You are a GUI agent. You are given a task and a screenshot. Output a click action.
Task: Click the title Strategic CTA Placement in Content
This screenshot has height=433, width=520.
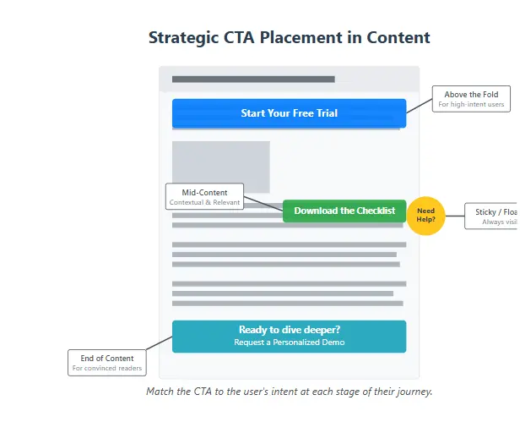tap(289, 38)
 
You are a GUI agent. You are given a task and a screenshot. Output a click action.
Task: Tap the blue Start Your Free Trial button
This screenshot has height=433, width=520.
tap(289, 113)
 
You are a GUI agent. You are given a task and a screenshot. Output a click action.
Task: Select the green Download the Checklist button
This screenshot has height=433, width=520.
tap(344, 211)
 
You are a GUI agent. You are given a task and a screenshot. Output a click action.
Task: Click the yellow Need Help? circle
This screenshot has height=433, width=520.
tap(425, 215)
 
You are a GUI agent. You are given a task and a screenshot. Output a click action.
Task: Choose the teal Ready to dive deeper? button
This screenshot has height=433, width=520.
tap(289, 336)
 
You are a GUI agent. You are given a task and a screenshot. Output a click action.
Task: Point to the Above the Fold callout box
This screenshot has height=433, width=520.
tap(471, 100)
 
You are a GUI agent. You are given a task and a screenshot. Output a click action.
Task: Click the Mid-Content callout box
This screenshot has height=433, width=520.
tap(204, 197)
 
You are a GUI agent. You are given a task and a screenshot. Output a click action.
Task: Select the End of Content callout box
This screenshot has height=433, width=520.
tap(107, 363)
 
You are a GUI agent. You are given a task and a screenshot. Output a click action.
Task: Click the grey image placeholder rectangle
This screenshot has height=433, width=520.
tap(220, 167)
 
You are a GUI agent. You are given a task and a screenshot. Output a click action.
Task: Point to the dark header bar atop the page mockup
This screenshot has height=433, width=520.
tap(253, 79)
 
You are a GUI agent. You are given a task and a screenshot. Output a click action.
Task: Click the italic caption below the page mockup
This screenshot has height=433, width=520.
tap(289, 392)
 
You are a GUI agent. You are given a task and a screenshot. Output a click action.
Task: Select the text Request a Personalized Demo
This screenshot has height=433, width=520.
tap(289, 343)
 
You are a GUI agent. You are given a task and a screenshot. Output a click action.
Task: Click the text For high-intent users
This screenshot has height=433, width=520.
tap(471, 105)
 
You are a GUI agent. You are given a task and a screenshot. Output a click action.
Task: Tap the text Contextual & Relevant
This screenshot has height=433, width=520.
tap(204, 202)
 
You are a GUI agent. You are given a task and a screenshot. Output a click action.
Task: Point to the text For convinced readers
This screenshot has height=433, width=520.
tap(107, 368)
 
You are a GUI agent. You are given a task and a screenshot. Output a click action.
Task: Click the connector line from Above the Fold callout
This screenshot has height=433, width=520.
tap(420, 106)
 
